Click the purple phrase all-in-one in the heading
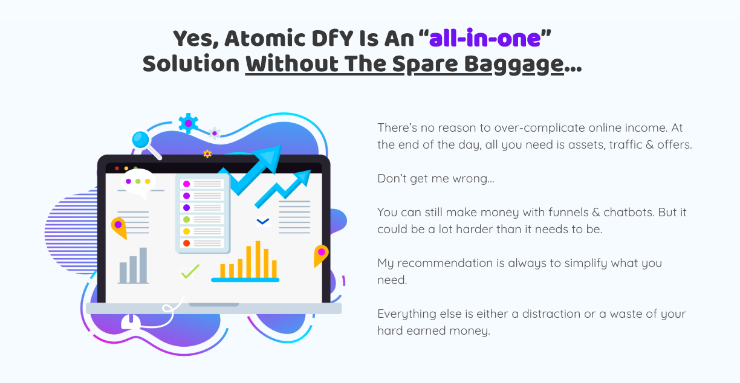485,39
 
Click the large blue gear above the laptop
188,123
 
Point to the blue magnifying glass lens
140,140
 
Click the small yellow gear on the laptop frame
207,154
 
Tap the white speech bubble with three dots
138,182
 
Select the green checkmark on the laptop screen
190,272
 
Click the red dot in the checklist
186,243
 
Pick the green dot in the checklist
186,219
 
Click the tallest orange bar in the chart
258,260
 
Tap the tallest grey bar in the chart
143,265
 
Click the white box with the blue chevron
263,222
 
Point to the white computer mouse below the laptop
131,321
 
